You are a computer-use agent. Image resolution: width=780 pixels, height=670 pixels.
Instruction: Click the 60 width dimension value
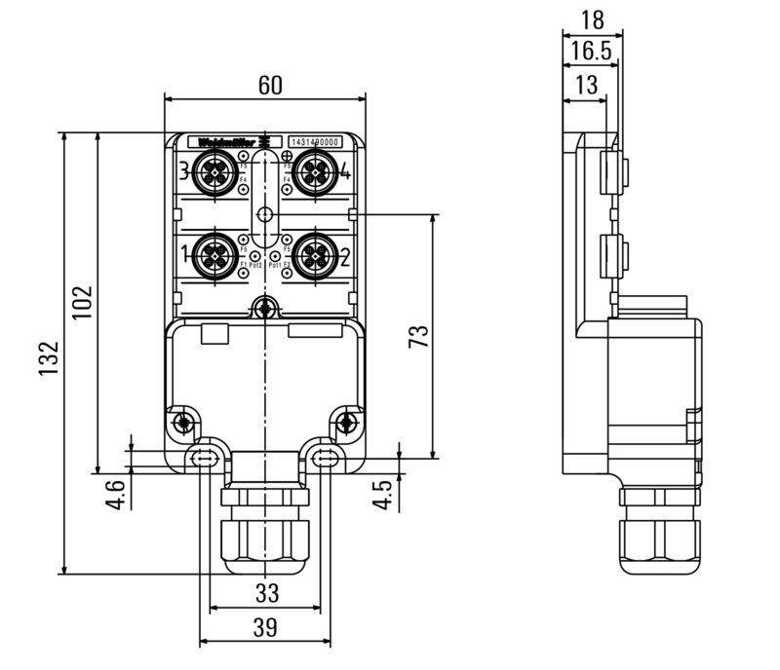[x=270, y=86]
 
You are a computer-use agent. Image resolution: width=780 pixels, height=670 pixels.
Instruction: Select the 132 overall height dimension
[x=48, y=358]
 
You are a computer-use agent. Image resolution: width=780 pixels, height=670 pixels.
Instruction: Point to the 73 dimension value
[x=417, y=337]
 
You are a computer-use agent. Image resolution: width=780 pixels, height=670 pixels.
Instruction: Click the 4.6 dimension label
[x=116, y=494]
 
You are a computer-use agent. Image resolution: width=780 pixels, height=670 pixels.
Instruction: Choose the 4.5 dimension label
[x=384, y=494]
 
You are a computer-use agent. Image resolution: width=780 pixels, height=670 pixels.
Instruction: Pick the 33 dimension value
[x=265, y=592]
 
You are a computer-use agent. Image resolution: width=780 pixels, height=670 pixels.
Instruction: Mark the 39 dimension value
[x=265, y=628]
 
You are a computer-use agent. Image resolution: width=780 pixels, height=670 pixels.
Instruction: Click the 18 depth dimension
[x=593, y=19]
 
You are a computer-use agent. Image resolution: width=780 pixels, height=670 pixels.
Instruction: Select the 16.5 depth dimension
[x=592, y=52]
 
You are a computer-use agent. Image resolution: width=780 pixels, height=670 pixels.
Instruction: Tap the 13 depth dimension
[x=586, y=86]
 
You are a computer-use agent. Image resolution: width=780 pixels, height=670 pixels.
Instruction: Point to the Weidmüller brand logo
[x=227, y=142]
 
